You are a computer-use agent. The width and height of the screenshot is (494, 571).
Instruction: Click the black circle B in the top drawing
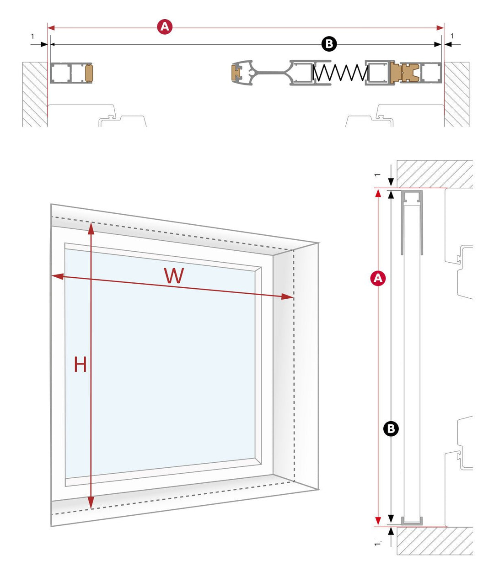point(329,44)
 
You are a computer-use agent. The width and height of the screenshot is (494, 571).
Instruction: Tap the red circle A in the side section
point(378,278)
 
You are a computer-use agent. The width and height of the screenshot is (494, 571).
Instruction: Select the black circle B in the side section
point(391,428)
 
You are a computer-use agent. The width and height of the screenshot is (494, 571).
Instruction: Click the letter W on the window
point(174,276)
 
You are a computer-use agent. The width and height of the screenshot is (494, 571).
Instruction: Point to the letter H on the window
point(80,365)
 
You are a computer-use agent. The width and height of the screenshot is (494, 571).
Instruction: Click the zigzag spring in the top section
point(340,73)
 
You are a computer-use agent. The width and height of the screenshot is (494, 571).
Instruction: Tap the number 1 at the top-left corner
point(32,36)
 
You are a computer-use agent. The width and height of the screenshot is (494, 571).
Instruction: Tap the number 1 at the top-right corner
point(452,36)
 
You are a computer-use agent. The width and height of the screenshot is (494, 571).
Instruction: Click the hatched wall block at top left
point(35,94)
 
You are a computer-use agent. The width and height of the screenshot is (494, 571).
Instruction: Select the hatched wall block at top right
point(456,94)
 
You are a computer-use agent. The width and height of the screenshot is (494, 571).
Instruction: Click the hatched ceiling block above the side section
point(434,174)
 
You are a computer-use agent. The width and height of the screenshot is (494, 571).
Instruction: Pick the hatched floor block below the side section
point(434,541)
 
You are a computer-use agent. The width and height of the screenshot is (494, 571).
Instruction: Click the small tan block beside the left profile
point(89,73)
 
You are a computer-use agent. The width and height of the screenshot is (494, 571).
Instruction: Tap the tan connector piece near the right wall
point(404,73)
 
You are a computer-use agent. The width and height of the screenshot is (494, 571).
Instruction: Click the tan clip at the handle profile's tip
point(236,73)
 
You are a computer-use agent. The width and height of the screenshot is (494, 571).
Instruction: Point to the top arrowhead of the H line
point(91,228)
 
